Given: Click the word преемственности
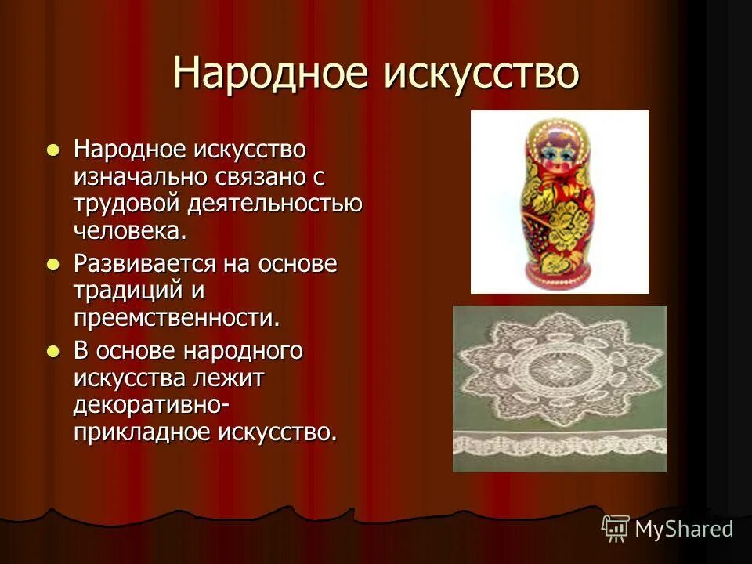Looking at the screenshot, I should [x=176, y=318].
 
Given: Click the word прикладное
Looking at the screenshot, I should [x=142, y=432].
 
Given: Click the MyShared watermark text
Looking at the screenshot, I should [x=683, y=530].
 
